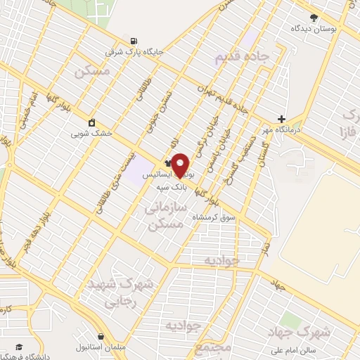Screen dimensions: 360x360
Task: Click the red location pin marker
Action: [181, 165]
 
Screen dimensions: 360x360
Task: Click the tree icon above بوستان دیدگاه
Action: [314, 18]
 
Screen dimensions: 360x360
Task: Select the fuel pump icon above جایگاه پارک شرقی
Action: [134, 40]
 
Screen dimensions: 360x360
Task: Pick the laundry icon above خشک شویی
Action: [91, 121]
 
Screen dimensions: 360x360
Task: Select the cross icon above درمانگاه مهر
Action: [281, 120]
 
